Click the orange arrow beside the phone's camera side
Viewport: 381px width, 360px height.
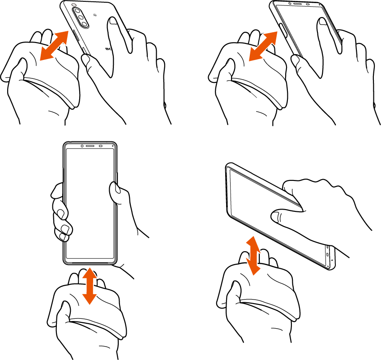pyautogui.click(x=54, y=45)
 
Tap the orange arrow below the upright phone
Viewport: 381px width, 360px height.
pyautogui.click(x=90, y=285)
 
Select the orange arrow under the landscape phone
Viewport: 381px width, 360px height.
pyautogui.click(x=254, y=256)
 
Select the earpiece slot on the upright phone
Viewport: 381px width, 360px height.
pyautogui.click(x=91, y=146)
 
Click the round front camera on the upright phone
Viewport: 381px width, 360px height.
pyautogui.click(x=82, y=146)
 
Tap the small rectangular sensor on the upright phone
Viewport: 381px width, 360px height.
pyautogui.click(x=101, y=146)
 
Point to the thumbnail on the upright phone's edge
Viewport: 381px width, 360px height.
pyautogui.click(x=115, y=191)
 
